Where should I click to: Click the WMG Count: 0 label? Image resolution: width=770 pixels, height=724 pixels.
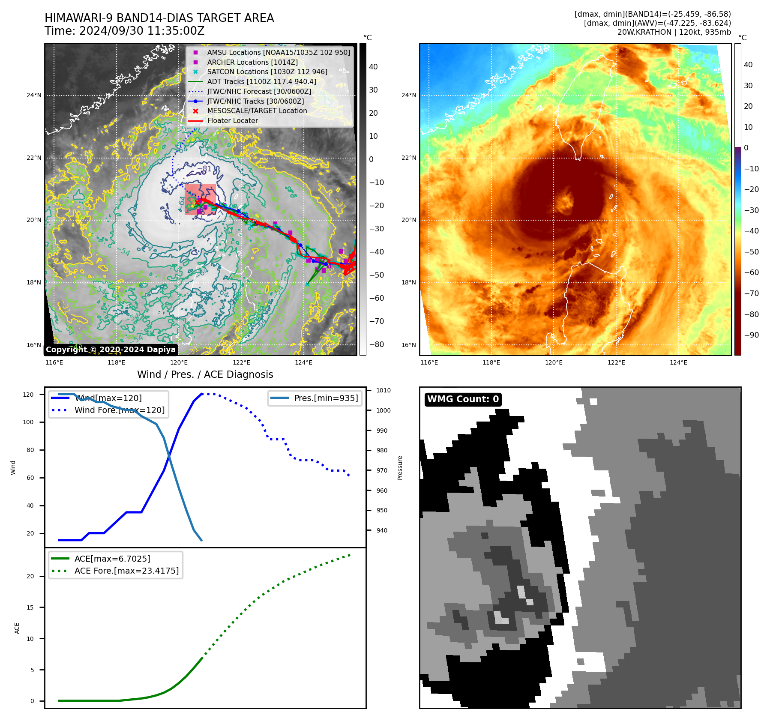click(463, 399)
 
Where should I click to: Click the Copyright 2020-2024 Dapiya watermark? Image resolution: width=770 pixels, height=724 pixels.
click(111, 350)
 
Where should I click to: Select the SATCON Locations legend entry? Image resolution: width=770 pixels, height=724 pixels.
click(267, 72)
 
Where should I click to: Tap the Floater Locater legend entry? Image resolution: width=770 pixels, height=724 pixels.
click(232, 121)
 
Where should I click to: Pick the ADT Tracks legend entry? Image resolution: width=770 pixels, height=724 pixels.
click(261, 81)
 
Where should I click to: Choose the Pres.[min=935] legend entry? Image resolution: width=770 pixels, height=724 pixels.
click(326, 398)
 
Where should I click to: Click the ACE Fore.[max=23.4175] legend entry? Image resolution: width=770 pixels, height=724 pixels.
click(126, 571)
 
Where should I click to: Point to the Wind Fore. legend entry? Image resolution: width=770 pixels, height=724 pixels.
click(119, 410)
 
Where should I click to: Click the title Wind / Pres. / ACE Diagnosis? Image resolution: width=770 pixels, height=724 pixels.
click(205, 374)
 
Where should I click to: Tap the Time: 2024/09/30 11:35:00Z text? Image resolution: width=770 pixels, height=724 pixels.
click(125, 31)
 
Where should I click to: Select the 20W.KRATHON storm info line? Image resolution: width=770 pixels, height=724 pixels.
click(674, 32)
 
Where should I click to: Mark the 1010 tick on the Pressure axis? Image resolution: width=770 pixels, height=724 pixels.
click(383, 390)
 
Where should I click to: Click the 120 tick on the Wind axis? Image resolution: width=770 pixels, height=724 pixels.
click(28, 395)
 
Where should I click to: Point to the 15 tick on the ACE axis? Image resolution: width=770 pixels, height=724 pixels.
click(30, 607)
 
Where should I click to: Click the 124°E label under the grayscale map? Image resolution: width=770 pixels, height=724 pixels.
click(303, 363)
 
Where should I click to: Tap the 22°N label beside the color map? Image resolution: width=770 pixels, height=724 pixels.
click(408, 158)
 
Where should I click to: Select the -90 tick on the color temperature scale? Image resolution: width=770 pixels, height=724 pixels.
click(751, 335)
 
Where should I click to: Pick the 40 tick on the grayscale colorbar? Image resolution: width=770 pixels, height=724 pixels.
click(373, 67)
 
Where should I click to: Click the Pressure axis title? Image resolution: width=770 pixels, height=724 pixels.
click(400, 468)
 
